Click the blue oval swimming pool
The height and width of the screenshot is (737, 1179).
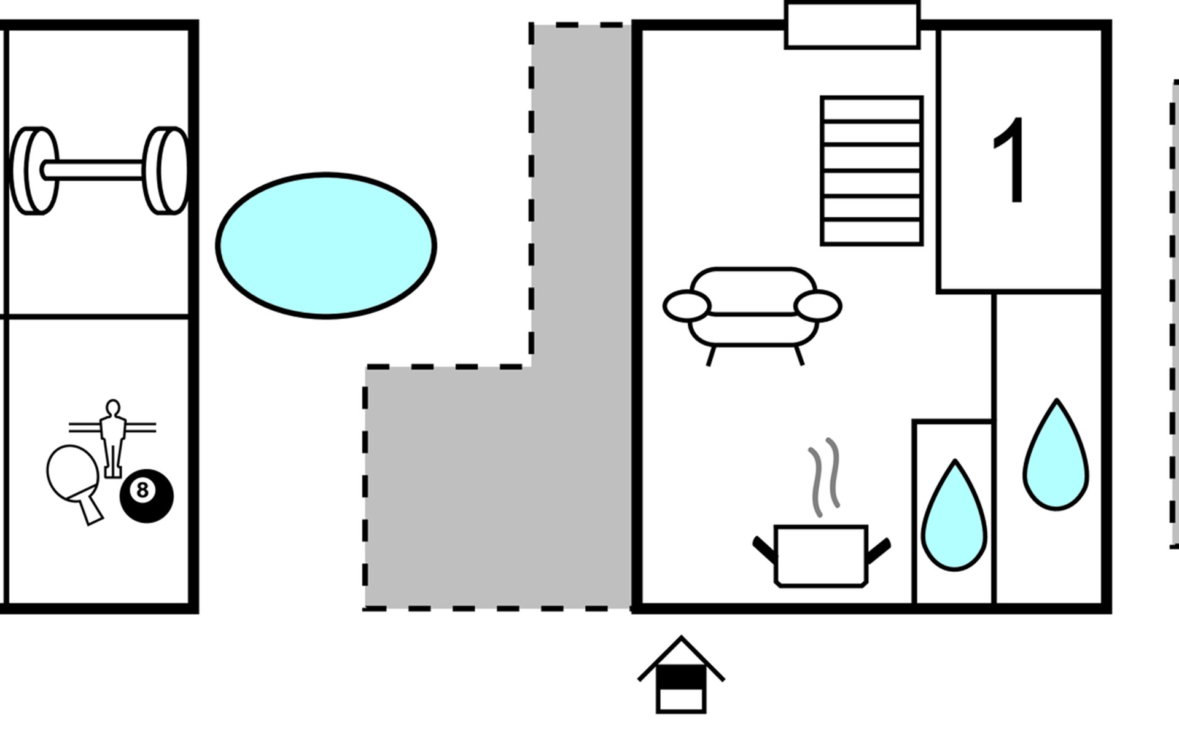326,246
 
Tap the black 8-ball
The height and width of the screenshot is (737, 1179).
146,496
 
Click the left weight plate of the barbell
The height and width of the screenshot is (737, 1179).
34,171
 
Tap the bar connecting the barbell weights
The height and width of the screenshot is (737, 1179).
92,170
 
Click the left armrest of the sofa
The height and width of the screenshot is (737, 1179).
687,306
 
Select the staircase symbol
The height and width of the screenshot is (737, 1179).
872,171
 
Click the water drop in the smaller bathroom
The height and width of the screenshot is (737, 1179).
954,515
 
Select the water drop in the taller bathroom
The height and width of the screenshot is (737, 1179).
1056,454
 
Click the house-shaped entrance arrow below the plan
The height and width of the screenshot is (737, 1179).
681,674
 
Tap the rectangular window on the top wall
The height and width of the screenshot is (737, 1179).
852,25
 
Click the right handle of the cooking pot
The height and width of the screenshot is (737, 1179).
879,550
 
